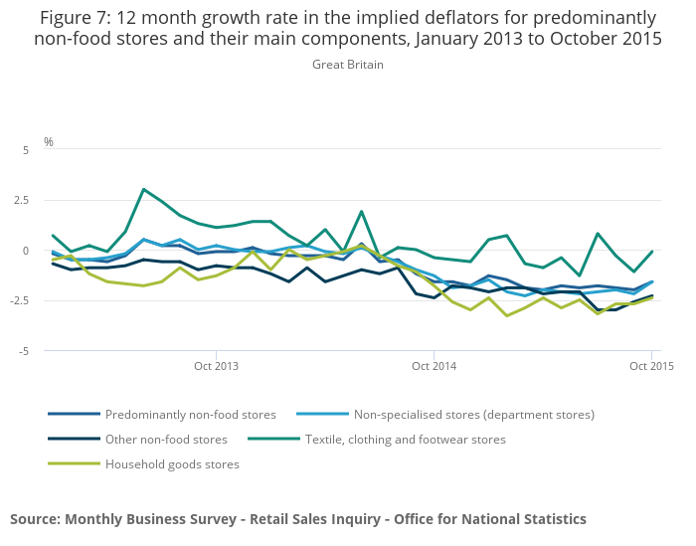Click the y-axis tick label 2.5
(x=24, y=200)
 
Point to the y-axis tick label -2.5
(x=22, y=300)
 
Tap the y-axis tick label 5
(x=27, y=149)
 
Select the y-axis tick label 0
(x=27, y=251)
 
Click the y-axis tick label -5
(x=24, y=351)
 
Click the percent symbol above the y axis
(x=48, y=141)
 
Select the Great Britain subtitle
(x=347, y=65)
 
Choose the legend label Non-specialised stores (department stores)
(x=474, y=414)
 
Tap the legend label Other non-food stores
(x=166, y=439)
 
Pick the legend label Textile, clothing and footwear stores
(x=405, y=439)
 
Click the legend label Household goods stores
(x=172, y=463)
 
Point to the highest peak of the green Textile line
(x=143, y=189)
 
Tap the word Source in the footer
(x=34, y=518)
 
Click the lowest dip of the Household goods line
(x=506, y=316)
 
